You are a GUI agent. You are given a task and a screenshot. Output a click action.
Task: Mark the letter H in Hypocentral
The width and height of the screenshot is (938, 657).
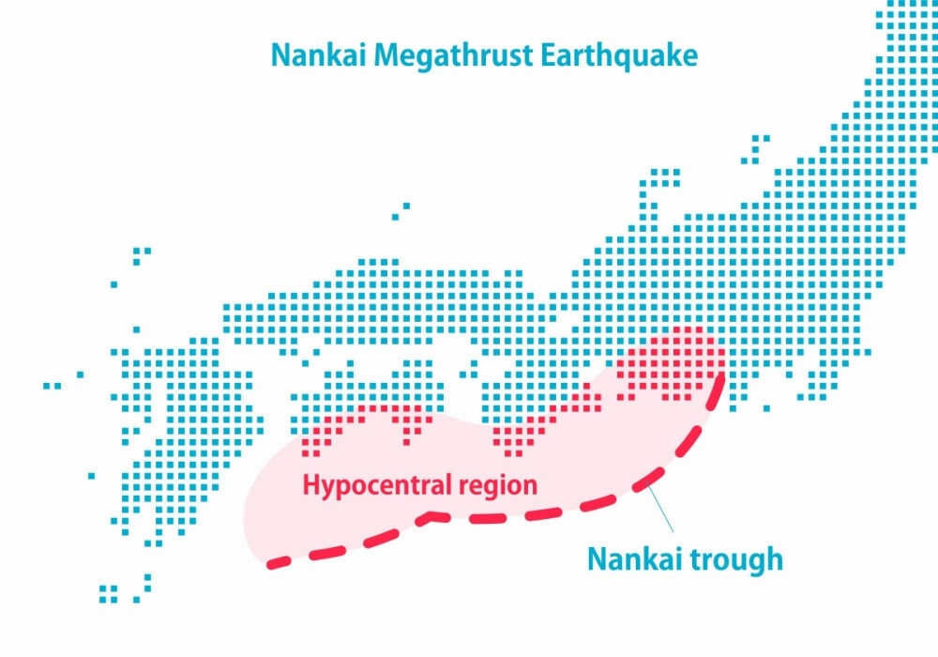click(309, 485)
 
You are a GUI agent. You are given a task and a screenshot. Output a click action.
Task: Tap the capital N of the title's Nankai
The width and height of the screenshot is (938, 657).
click(279, 54)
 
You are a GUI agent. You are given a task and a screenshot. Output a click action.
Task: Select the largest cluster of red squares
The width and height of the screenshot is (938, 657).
click(670, 361)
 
